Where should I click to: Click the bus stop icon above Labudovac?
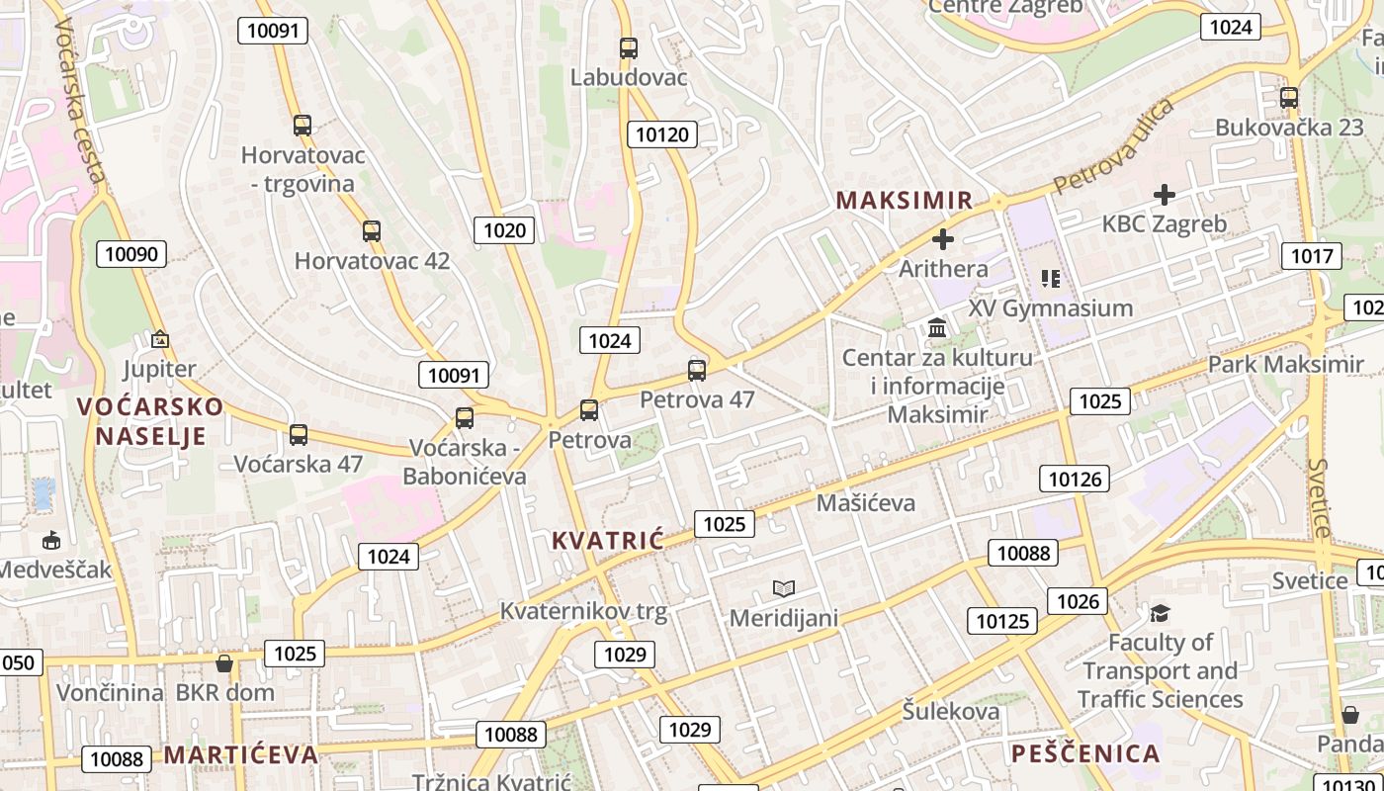click(x=628, y=47)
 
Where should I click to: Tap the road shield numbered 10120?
click(x=661, y=134)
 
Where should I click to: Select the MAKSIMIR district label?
click(x=905, y=201)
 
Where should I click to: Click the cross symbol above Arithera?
click(x=943, y=238)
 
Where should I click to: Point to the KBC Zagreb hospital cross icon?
click(x=1165, y=195)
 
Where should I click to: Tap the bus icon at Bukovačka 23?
click(x=1288, y=98)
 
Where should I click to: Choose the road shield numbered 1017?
click(x=1312, y=257)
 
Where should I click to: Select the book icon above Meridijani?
click(x=784, y=589)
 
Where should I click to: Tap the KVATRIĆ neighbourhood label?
click(x=607, y=541)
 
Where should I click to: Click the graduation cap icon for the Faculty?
click(x=1160, y=614)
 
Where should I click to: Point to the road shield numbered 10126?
click(x=1074, y=480)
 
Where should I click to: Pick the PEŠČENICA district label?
click(x=1085, y=754)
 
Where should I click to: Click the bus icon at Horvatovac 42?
click(x=372, y=231)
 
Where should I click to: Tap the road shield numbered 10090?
click(x=131, y=254)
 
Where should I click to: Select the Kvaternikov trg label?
click(x=583, y=612)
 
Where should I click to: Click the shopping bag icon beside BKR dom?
click(x=224, y=662)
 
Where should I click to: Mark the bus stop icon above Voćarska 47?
click(x=299, y=434)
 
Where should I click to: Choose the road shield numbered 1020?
click(x=504, y=231)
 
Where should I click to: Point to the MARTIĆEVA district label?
click(x=240, y=755)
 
